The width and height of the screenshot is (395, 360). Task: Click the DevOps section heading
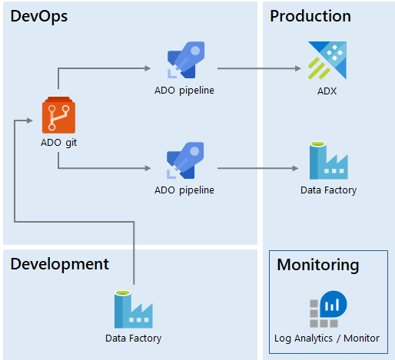pos(39,16)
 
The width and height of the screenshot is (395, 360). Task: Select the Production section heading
pos(310,16)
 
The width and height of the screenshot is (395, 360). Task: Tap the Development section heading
pos(60,265)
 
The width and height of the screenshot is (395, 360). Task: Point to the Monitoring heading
pos(318,266)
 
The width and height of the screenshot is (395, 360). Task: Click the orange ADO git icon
pos(58,115)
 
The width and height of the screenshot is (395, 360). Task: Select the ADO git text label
pos(58,143)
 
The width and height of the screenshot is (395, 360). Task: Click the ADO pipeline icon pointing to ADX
pos(186,60)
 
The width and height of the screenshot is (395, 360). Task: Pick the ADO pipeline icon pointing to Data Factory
pos(185,160)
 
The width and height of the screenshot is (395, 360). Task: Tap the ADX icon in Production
pos(327,61)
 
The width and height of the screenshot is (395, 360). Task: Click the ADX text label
pos(327,91)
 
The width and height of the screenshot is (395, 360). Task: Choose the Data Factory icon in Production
pos(329,160)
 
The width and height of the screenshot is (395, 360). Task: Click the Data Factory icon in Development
pos(134,309)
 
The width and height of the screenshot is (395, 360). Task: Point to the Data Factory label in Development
pos(133,339)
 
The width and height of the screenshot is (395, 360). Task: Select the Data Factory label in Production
pos(328,190)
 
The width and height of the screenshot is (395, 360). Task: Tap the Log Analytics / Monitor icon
pos(328,309)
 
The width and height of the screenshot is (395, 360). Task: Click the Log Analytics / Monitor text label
pos(327,339)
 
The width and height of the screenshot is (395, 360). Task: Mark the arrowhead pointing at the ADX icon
pos(298,68)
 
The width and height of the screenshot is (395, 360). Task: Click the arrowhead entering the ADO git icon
pos(30,121)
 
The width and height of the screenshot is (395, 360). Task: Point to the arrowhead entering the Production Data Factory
pos(296,168)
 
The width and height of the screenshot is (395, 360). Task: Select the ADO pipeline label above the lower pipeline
pos(184,190)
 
